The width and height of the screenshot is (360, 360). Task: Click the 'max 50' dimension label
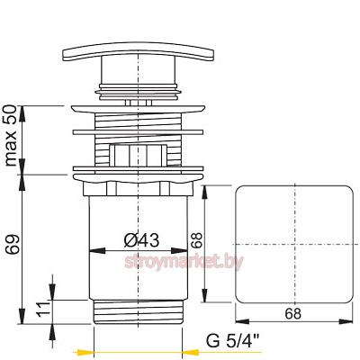[11, 135]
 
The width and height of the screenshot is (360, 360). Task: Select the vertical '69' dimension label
[13, 245]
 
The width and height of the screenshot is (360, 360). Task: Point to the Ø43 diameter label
[141, 240]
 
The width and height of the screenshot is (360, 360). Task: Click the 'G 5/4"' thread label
[232, 341]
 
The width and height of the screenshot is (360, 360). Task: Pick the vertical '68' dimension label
[197, 240]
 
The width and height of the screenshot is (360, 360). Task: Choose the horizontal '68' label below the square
[292, 314]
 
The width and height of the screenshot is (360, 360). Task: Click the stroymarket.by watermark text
[184, 262]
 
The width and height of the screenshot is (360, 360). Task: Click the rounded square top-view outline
[235, 245]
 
